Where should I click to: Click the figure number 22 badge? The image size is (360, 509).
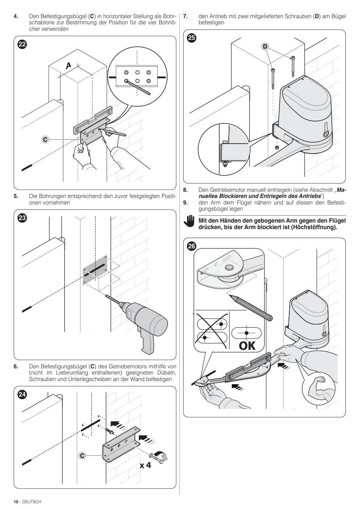[x=22, y=44]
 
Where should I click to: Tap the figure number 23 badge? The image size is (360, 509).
[x=22, y=218]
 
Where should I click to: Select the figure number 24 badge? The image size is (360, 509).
[x=22, y=394]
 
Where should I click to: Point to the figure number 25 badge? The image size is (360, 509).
[x=191, y=38]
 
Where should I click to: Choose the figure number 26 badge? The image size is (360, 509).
[x=191, y=246]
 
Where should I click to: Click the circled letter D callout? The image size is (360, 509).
[x=265, y=46]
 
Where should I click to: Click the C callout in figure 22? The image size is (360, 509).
[x=45, y=139]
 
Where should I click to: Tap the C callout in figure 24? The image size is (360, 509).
[x=82, y=456]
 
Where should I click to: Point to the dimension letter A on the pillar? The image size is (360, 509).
[x=68, y=66]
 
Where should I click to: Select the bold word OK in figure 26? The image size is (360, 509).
[x=247, y=346]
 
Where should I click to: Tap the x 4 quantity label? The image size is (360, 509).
[x=145, y=465]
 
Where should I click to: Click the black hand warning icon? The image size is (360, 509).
[x=189, y=221]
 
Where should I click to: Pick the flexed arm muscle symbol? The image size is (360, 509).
[x=319, y=389]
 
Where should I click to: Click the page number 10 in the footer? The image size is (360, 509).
[x=16, y=501]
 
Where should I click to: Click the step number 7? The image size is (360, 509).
[x=185, y=16]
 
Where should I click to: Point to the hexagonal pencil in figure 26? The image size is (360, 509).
[x=251, y=308]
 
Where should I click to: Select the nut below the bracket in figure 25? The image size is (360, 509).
[x=277, y=148]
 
